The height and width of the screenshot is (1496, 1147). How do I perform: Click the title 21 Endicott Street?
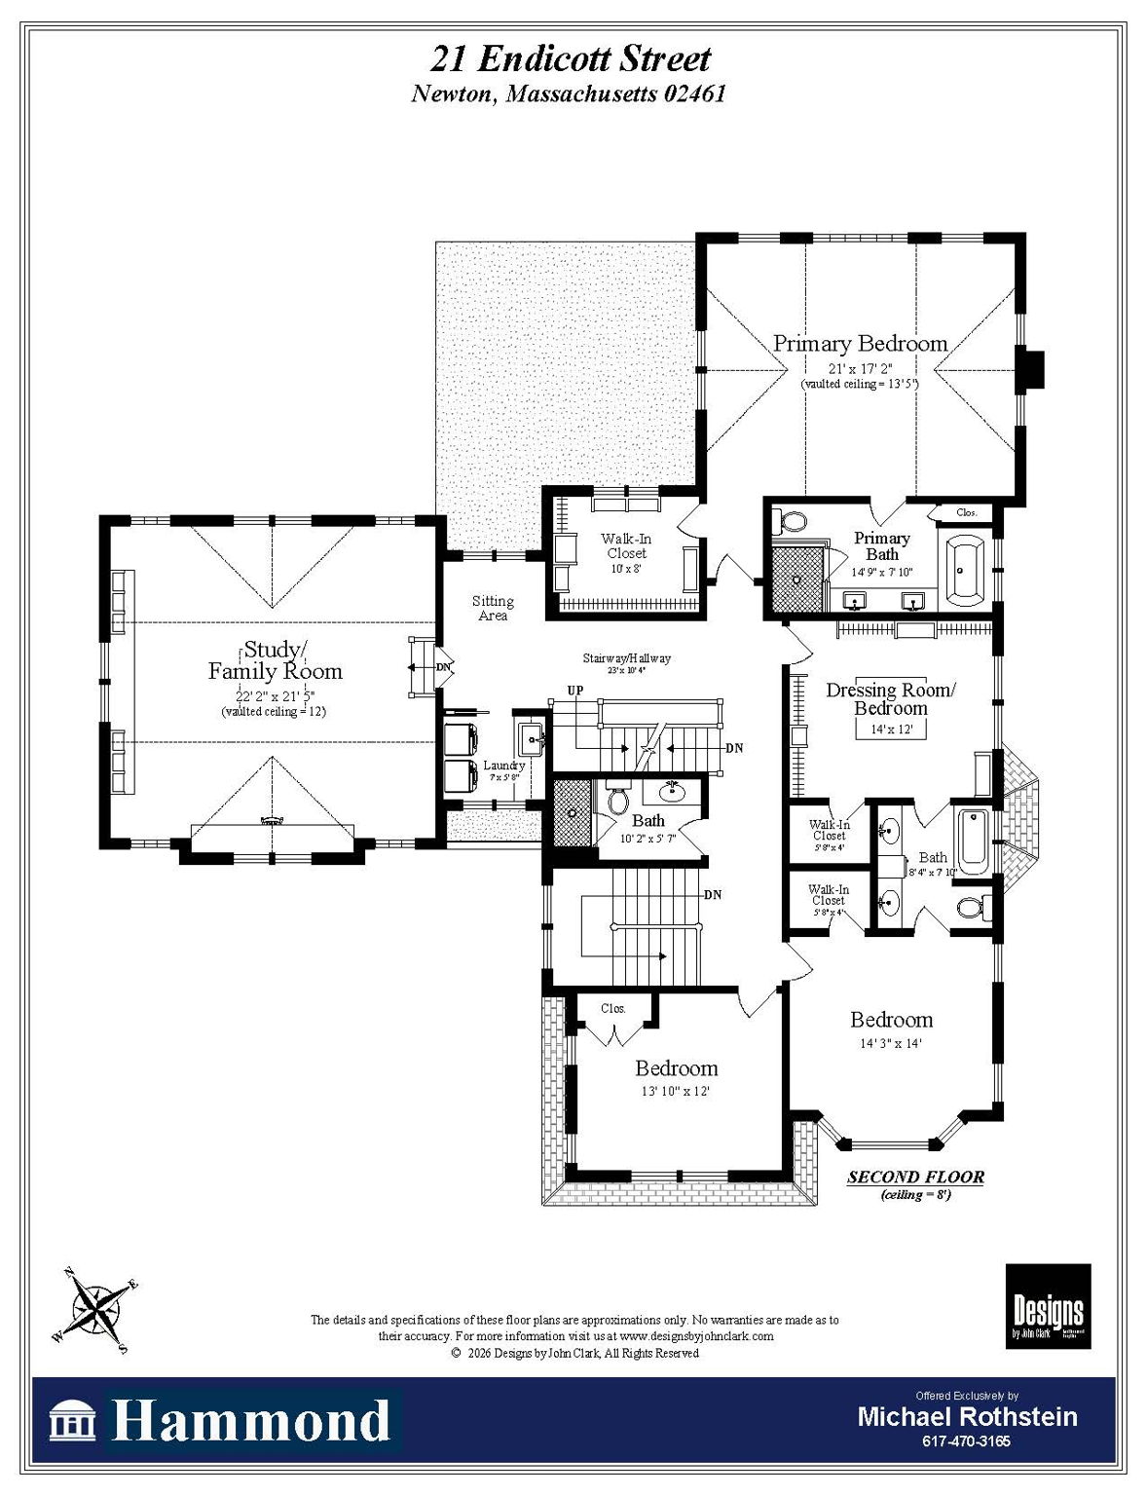571,58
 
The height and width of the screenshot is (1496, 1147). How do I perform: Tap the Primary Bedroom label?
860,344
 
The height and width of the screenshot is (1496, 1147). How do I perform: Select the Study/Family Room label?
275,660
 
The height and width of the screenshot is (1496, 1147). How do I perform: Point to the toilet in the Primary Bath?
794,521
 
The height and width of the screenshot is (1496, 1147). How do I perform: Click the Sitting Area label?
493,609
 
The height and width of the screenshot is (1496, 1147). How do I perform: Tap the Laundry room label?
503,766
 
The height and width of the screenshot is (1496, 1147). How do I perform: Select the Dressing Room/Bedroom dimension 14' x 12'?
891,729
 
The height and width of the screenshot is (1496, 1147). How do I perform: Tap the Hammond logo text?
250,1421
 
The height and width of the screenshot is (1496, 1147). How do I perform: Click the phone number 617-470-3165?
966,1441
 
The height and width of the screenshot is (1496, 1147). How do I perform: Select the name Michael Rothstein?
967,1416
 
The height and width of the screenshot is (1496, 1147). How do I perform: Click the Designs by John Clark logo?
1048,1306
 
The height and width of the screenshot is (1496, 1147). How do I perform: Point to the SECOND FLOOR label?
915,1177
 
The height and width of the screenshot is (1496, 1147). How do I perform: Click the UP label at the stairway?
575,691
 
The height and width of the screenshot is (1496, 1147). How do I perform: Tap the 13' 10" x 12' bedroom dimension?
675,1091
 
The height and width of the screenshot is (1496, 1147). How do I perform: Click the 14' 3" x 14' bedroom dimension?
890,1043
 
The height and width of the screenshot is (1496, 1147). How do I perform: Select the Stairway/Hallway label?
626,658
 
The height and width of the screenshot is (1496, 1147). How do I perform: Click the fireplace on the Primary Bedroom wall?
1030,368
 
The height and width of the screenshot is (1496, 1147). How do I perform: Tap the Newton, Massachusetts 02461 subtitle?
569,94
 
